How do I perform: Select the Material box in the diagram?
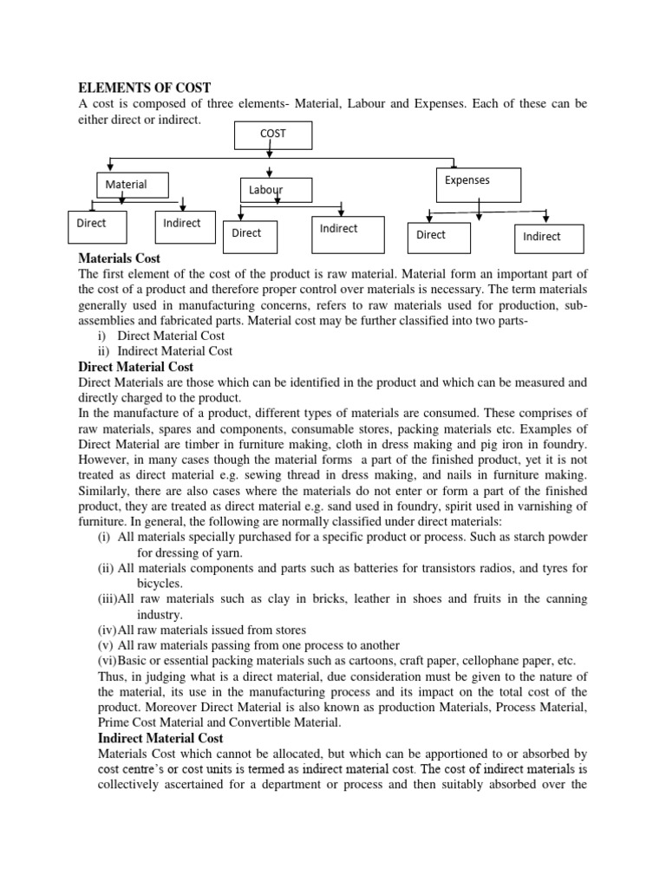[132, 186]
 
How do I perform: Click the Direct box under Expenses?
[438, 237]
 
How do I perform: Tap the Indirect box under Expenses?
[549, 238]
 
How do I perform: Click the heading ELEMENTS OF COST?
[145, 88]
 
